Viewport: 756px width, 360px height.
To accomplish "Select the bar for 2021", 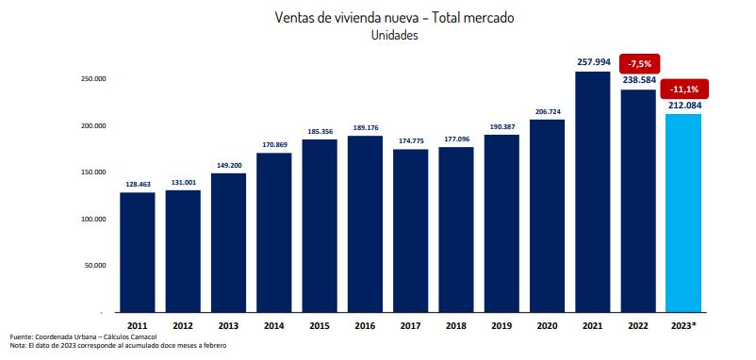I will [592, 192].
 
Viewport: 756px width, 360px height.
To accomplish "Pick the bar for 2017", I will [410, 230].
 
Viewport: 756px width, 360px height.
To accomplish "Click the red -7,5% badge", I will [638, 63].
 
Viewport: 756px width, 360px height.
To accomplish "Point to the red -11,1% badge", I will [683, 89].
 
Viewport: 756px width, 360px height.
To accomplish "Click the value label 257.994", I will [592, 62].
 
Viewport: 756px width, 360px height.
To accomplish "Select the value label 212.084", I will [683, 105].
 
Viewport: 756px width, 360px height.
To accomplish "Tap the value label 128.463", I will [137, 184].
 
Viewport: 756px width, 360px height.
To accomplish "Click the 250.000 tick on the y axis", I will [93, 79].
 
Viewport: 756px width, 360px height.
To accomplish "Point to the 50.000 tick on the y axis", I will [95, 266].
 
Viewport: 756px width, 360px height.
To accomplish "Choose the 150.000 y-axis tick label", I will [93, 172].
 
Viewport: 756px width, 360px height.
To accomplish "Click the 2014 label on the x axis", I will [273, 325].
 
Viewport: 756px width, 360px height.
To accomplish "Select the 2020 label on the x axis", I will [547, 325].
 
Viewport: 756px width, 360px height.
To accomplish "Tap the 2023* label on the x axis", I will [683, 325].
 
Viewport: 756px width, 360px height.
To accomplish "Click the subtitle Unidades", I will [395, 36].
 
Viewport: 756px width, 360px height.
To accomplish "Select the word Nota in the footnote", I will [17, 346].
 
